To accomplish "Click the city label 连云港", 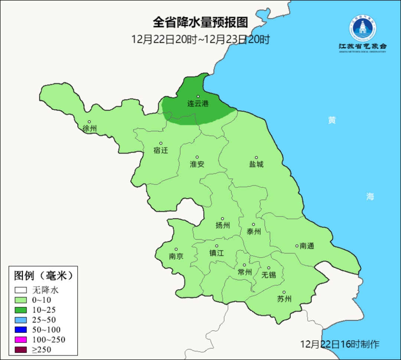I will [x=198, y=104].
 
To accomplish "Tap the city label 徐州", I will [x=89, y=129].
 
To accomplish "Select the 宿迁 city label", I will [x=161, y=150].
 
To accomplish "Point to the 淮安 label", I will [x=197, y=164].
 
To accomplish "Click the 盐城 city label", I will [x=256, y=164].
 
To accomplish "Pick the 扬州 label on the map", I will [x=223, y=225].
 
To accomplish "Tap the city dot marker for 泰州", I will [x=254, y=224].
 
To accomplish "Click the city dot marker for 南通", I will [x=297, y=246].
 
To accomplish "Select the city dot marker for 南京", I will [x=176, y=250].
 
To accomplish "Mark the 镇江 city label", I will [x=216, y=253].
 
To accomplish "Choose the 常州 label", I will [x=245, y=272].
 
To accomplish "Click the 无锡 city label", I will [x=269, y=275].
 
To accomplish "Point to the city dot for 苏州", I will [x=284, y=292].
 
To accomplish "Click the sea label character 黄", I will [x=332, y=120].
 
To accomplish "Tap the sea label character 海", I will [x=370, y=197].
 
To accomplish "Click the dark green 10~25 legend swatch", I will [x=21, y=310].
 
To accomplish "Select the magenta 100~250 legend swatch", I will [x=21, y=340].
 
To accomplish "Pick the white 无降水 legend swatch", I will [x=21, y=290].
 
